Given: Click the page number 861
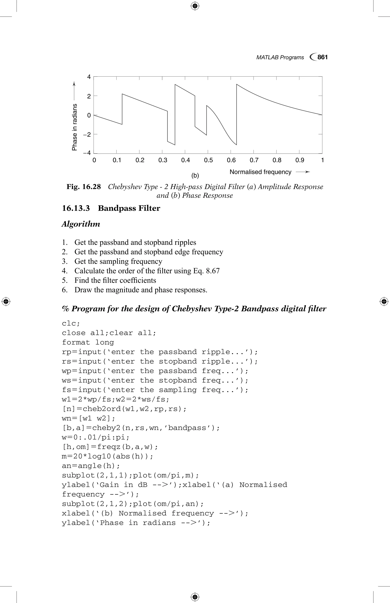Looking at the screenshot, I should coord(322,57).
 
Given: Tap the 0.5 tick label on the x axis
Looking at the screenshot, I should coord(208,160).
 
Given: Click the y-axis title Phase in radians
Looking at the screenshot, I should coord(74,127).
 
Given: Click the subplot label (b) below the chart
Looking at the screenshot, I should coord(195,175).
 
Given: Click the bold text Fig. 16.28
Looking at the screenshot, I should coord(84,187).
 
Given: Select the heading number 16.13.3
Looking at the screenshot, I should coord(76,208).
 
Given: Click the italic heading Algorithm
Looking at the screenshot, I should coord(81,224).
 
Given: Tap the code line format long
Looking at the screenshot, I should coord(88,342).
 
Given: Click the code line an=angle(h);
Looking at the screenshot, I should coord(91,466).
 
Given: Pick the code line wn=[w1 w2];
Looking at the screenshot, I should coord(88,418).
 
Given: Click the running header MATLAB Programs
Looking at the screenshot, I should coord(280,57).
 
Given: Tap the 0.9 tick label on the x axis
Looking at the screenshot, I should coord(300,160).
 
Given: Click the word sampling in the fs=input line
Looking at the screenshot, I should coord(177,390).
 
